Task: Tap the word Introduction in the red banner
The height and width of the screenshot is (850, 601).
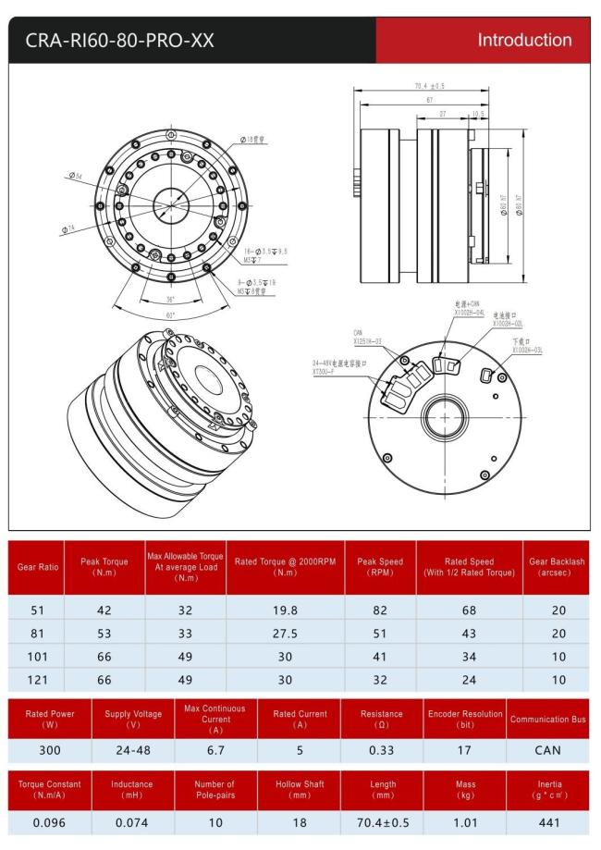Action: (x=523, y=40)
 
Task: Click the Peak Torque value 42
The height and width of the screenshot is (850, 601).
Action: (x=104, y=611)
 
